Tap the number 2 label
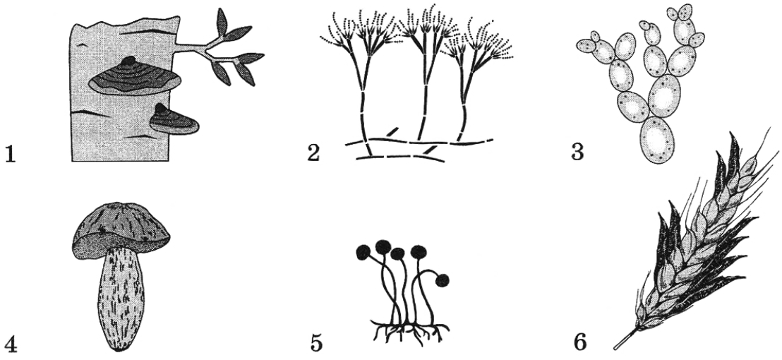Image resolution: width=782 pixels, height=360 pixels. (x=313, y=152)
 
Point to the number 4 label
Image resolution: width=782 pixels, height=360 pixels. (x=11, y=343)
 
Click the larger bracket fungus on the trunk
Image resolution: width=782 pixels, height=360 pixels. (x=135, y=76)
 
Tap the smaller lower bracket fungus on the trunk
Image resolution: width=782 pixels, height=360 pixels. (x=174, y=120)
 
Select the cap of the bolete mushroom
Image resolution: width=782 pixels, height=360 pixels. (x=121, y=231)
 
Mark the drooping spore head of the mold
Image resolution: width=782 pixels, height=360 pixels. (x=442, y=281)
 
